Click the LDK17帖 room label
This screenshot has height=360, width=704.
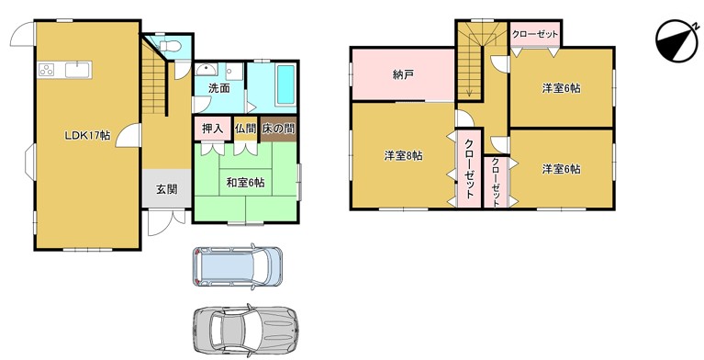[87, 135]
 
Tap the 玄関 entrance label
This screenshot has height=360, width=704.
[166, 189]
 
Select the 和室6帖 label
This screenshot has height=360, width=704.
[245, 183]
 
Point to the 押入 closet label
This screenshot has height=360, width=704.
[212, 129]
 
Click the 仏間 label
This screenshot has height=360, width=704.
[245, 129]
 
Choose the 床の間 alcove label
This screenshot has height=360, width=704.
[278, 129]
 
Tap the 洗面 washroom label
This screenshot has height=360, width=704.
[219, 88]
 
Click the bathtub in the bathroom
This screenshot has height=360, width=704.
[285, 84]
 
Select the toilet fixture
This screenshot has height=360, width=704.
[170, 46]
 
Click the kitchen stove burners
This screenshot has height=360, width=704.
[46, 70]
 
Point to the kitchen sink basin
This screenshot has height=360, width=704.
[78, 70]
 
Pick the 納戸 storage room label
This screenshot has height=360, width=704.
[403, 74]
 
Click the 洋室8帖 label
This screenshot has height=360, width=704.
[403, 156]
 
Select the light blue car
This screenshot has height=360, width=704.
[238, 266]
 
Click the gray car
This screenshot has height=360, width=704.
[245, 329]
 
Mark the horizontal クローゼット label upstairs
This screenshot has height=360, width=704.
[535, 34]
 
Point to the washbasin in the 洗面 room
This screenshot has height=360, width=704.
[207, 70]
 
